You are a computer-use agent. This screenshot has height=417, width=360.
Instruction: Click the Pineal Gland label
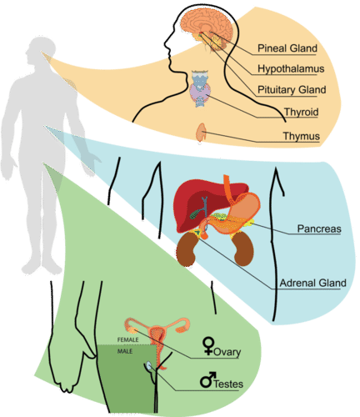click(287, 48)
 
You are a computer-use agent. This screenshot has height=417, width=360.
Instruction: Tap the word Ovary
click(226, 353)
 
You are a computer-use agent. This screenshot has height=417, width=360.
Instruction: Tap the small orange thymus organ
click(202, 132)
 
